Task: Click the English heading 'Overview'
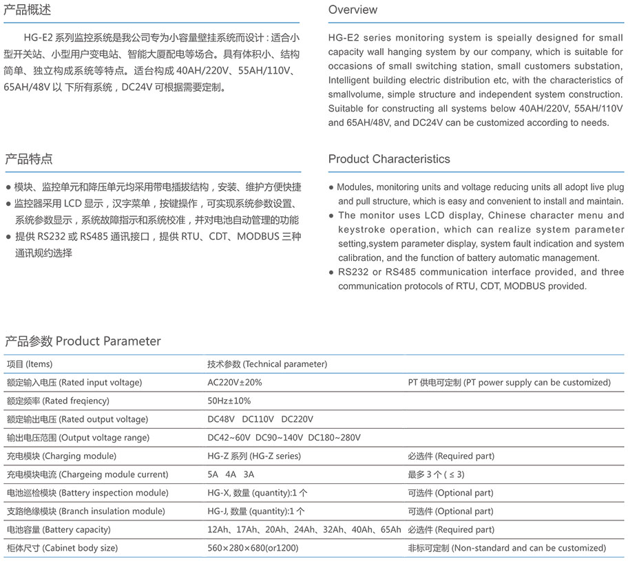[x=353, y=10]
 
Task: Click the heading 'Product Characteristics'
[x=389, y=159]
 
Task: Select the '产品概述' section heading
[x=28, y=10]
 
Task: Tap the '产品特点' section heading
[x=28, y=159]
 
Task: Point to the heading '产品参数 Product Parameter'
[x=83, y=341]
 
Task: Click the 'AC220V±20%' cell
[x=235, y=382]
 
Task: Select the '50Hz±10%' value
[x=229, y=401]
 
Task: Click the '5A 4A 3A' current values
[x=231, y=474]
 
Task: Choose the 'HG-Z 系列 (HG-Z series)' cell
[x=254, y=456]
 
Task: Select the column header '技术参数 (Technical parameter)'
[x=267, y=364]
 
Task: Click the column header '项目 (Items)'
[x=30, y=364]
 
